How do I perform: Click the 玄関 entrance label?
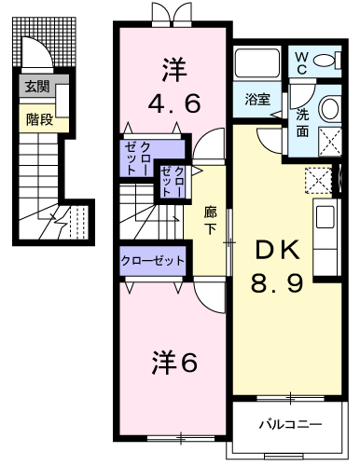pos(37,86)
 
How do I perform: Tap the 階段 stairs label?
pos(39,119)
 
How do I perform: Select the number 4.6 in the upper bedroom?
pos(174,103)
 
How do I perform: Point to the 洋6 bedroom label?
pos(174,363)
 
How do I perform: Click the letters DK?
pos(278,250)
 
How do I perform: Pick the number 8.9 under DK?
pos(277,283)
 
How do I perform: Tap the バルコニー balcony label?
pos(291,424)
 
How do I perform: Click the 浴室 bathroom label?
pos(257,99)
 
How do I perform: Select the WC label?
pos(301,63)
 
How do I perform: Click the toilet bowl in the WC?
pos(324,60)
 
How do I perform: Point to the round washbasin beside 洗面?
pos(329,108)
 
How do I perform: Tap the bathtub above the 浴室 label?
pos(257,63)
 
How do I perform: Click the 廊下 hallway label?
pos(211,221)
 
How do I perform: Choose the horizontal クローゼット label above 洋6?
pos(153,260)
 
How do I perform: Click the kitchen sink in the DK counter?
pos(325,217)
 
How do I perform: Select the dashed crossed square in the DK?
pos(318,181)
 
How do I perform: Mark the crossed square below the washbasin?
pos(330,142)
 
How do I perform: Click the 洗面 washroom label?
pos(302,123)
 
